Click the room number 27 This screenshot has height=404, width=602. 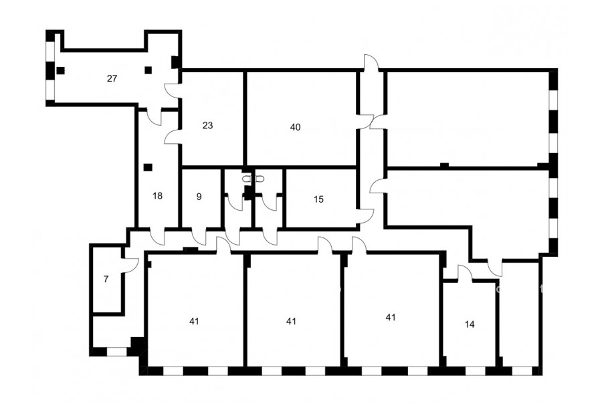point(112,79)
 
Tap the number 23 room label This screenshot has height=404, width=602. point(208,126)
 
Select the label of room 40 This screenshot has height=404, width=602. point(295,127)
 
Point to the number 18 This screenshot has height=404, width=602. point(157,196)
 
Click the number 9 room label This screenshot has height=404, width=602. point(199,197)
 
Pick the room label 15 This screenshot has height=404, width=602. point(318,199)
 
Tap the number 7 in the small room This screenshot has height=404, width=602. point(106,279)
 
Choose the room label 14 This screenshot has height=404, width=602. point(470,324)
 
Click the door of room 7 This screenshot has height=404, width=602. point(130,265)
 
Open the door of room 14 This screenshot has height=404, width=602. point(465,273)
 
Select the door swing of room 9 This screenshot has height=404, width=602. point(199,237)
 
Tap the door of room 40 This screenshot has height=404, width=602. point(365,121)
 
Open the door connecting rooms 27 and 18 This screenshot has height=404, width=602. point(155,117)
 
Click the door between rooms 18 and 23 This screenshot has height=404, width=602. point(172,136)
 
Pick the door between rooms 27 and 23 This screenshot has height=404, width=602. point(172,91)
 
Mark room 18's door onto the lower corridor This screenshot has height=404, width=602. point(157,237)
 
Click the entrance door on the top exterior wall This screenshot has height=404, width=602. point(371,63)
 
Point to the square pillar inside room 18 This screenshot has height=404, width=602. point(148,167)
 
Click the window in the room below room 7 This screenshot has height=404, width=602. point(116,351)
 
